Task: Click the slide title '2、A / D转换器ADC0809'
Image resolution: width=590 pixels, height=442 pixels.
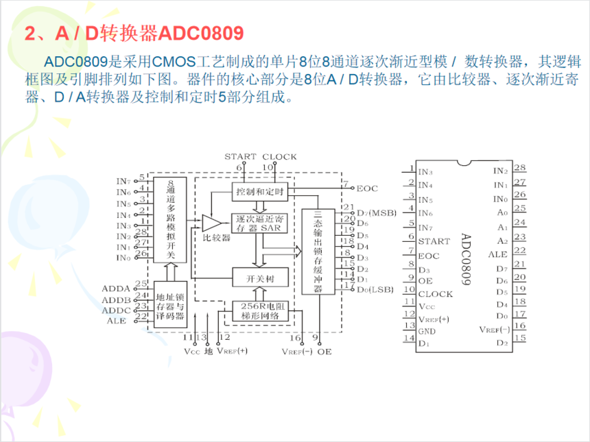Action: click(x=134, y=34)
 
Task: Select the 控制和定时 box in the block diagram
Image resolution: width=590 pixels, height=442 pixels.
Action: click(x=259, y=191)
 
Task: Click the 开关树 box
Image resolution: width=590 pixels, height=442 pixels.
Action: click(x=259, y=278)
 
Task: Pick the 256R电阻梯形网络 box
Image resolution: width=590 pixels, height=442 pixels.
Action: click(x=259, y=311)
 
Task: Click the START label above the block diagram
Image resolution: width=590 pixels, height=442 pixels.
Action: click(x=240, y=157)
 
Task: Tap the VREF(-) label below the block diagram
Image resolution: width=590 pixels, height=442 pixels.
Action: click(x=297, y=351)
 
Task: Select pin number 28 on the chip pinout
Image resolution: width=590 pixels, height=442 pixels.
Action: click(x=519, y=168)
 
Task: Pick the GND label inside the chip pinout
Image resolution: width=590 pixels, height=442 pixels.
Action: click(x=427, y=332)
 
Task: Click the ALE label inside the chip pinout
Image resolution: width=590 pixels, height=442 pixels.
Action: click(x=497, y=254)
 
